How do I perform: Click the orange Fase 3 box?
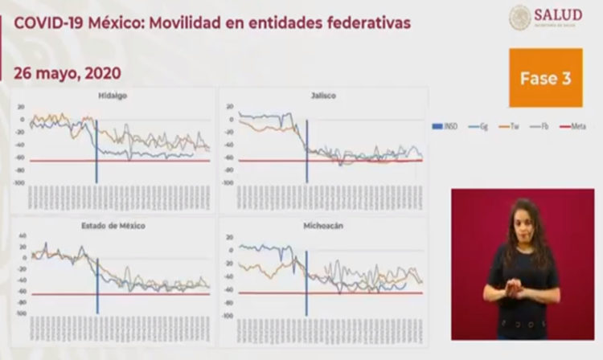pos(545,78)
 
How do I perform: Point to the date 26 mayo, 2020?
pos(68,73)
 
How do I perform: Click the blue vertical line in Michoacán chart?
pos(306,281)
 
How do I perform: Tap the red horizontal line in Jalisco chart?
pos(362,161)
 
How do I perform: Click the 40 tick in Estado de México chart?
pos(23,236)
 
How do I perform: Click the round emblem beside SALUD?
pos(520,17)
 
